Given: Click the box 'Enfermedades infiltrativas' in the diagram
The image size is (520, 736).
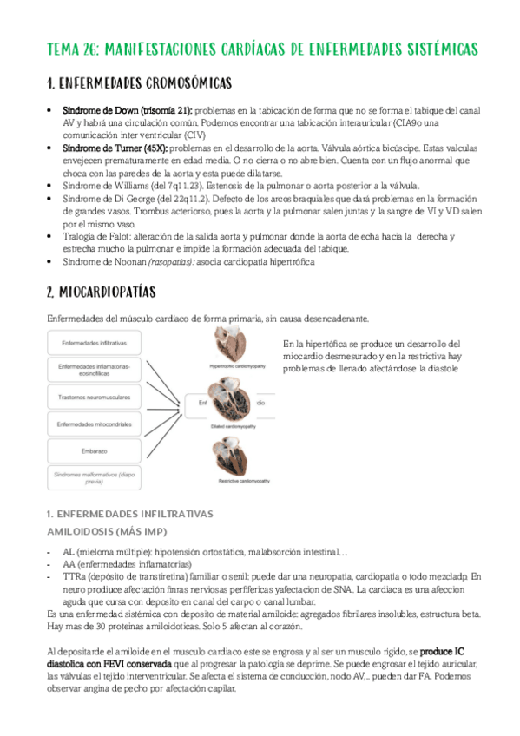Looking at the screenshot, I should click(100, 344).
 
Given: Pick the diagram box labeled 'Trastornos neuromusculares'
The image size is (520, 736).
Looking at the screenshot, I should click(100, 397).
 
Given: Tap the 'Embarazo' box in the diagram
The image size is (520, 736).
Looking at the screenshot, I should click(100, 451).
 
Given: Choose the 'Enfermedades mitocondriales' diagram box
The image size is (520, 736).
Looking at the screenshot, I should click(100, 424).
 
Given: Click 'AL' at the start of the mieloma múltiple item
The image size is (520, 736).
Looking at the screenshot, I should click(69, 550).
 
